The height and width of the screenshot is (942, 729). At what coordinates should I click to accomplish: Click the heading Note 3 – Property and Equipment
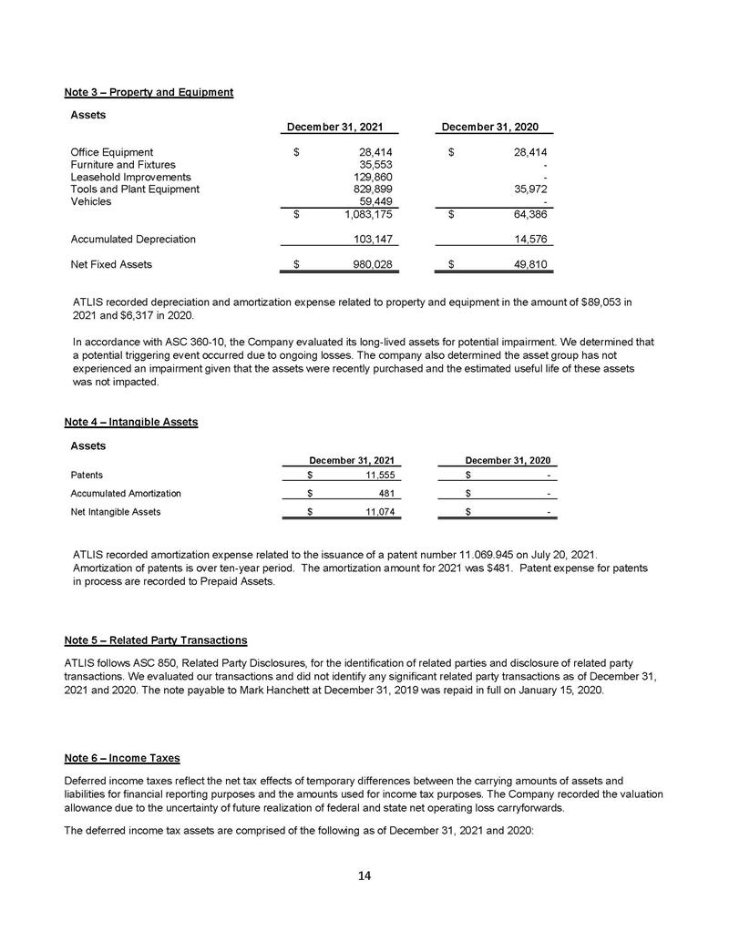[149, 92]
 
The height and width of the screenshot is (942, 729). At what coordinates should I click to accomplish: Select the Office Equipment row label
[111, 152]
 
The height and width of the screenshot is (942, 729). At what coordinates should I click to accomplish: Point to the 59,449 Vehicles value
[374, 201]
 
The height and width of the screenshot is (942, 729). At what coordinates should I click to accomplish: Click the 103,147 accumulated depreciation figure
[371, 240]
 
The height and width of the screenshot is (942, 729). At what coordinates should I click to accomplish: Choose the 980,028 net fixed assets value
[371, 265]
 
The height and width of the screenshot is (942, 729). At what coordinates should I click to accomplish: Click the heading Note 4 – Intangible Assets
[131, 423]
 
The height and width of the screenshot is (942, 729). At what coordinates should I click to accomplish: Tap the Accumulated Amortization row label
[125, 494]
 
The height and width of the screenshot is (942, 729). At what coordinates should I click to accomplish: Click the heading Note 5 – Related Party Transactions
[155, 639]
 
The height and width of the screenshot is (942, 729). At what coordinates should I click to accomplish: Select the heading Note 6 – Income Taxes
[122, 758]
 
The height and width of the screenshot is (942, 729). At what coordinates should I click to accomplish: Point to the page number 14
[364, 876]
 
